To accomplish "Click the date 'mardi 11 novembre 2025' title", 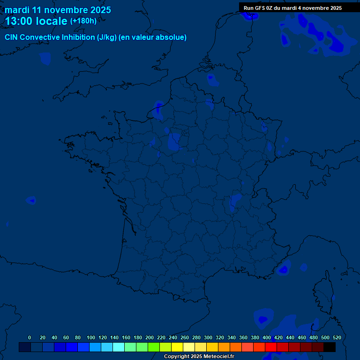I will tap(58, 10).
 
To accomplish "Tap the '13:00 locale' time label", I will tap(36, 22).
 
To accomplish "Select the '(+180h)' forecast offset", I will tap(83, 21).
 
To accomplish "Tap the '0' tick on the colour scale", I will tap(30, 337).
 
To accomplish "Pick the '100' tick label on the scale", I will tap(91, 337).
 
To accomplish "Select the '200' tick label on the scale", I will tap(150, 337).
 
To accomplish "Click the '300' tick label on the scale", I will tap(208, 337).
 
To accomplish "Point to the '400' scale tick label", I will tap(267, 337).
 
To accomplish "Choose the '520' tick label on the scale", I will tap(337, 337).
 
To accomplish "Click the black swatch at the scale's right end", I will tap(330, 347).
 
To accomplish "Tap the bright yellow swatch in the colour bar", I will tap(177, 347).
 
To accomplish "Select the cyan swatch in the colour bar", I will tap(119, 347).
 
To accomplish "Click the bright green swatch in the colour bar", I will tap(154, 347).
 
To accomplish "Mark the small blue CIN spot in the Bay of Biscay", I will tap(31, 201).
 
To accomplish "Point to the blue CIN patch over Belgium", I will tap(212, 80).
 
